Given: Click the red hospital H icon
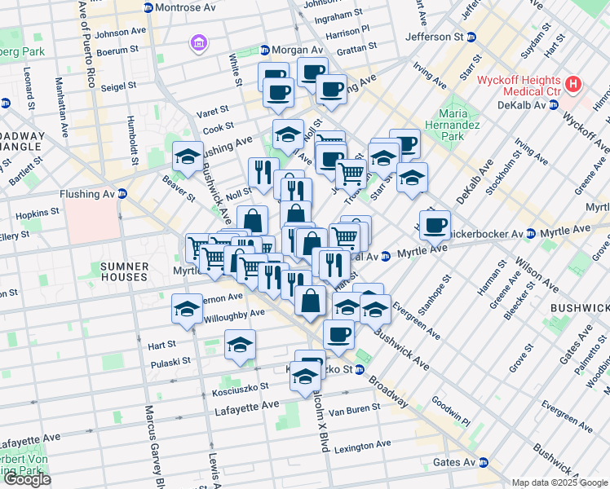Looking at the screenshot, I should (x=574, y=83).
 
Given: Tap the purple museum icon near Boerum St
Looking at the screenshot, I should (x=197, y=42).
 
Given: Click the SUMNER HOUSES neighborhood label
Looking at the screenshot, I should (x=125, y=272).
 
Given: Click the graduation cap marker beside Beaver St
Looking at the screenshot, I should (x=188, y=156).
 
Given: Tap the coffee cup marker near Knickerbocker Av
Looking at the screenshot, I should (x=435, y=224).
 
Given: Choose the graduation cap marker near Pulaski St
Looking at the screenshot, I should (x=240, y=345).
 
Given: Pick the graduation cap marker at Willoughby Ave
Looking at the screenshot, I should (x=187, y=310).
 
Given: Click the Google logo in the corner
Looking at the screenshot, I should (x=27, y=479).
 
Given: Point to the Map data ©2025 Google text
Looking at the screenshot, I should (x=559, y=482).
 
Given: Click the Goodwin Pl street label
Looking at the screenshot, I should (x=450, y=412).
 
